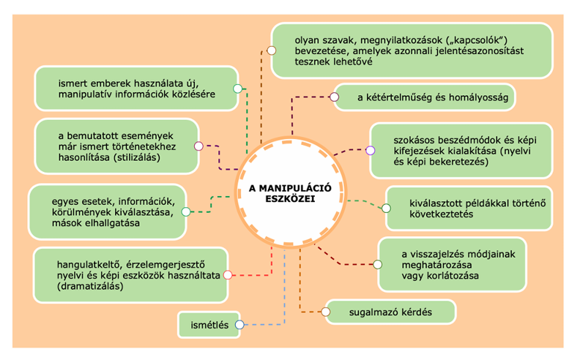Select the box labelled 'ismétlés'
(x=209, y=323)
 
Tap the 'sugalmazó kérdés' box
(x=390, y=312)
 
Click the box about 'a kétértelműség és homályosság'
(x=425, y=97)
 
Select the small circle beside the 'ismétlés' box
(x=239, y=324)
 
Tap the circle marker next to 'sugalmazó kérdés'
(x=325, y=312)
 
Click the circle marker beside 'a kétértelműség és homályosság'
(x=335, y=97)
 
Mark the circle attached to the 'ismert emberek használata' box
(x=237, y=89)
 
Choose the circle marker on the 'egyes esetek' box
(x=186, y=212)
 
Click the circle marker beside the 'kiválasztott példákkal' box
(x=385, y=208)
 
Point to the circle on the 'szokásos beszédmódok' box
(x=370, y=151)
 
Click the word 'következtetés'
(x=438, y=214)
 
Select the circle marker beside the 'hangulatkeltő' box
(x=227, y=275)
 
